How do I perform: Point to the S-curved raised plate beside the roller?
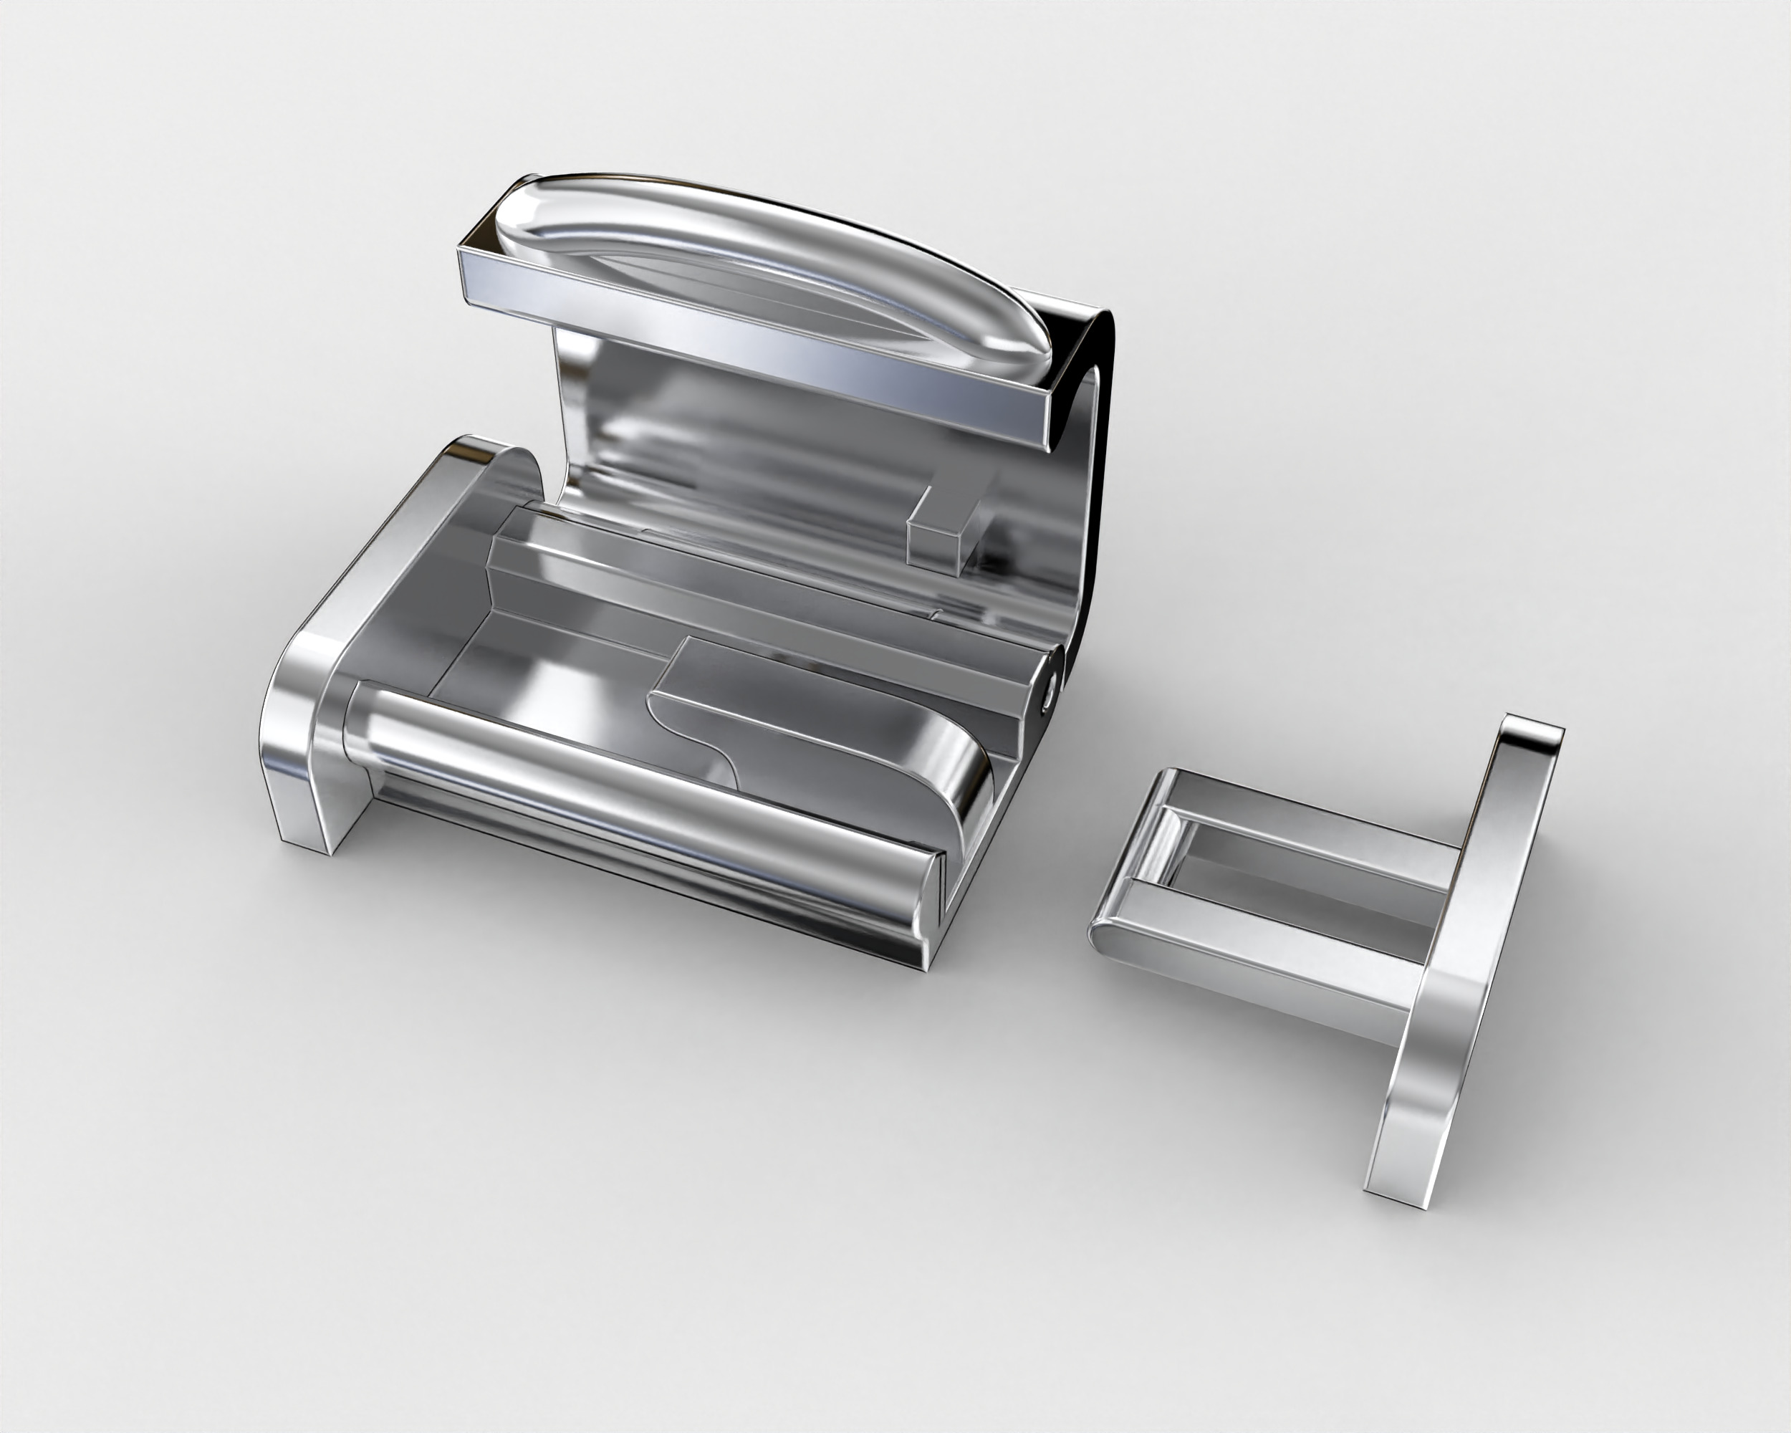(822, 731)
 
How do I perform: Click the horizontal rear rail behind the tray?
(748, 582)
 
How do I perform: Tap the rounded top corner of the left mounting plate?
(482, 453)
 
